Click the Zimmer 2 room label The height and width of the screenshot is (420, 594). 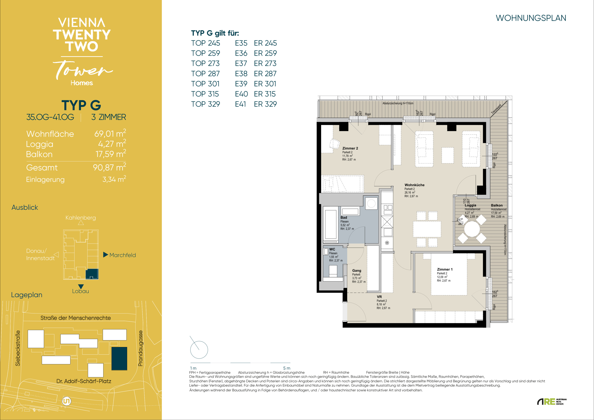(x=350, y=148)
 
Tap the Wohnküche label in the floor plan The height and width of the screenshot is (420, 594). (x=414, y=185)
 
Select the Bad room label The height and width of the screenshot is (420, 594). (x=344, y=218)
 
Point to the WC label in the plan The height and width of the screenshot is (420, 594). (x=332, y=249)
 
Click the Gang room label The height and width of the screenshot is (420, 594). (x=357, y=270)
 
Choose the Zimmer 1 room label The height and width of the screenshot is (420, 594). (x=445, y=269)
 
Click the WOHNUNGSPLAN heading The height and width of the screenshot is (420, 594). (x=531, y=18)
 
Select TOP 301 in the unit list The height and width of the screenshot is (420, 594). (x=205, y=84)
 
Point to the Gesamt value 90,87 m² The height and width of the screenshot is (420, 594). (x=109, y=167)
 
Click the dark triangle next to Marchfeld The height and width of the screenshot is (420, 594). (x=106, y=255)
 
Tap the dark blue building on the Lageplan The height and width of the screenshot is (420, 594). (x=119, y=359)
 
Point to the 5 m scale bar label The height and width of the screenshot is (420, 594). (x=287, y=368)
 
